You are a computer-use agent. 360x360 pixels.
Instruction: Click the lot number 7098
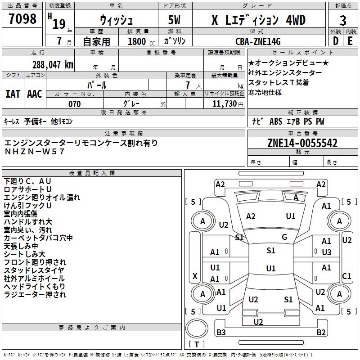point(22,19)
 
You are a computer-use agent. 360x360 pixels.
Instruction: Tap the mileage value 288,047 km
point(53,65)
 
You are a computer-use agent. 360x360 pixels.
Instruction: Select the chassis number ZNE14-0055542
point(302,143)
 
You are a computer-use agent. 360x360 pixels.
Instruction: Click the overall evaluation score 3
point(343,21)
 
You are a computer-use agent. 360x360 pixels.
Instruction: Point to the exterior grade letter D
point(336,41)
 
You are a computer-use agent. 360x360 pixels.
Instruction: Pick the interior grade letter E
point(350,41)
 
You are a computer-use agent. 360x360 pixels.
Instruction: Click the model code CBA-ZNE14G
point(258,41)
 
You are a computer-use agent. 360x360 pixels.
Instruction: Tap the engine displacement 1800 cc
point(141,41)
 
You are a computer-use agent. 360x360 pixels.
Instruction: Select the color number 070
point(75,104)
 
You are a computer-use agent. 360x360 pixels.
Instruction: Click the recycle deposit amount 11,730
point(225,103)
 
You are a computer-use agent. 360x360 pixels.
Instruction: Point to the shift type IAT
point(13,94)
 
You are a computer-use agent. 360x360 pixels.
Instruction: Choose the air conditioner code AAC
point(35,94)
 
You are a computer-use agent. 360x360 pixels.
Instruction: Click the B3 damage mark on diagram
point(221,332)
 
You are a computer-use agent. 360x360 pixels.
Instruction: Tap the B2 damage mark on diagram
point(321,332)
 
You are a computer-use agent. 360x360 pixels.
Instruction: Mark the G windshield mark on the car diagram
point(284,237)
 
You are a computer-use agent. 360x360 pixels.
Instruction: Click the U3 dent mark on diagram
point(327,252)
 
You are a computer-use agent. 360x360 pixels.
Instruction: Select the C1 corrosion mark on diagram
point(346,276)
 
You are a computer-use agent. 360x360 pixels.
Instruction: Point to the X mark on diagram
point(195,276)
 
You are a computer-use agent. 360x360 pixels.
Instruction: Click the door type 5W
point(174,20)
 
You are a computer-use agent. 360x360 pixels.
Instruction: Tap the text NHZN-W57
point(35,152)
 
